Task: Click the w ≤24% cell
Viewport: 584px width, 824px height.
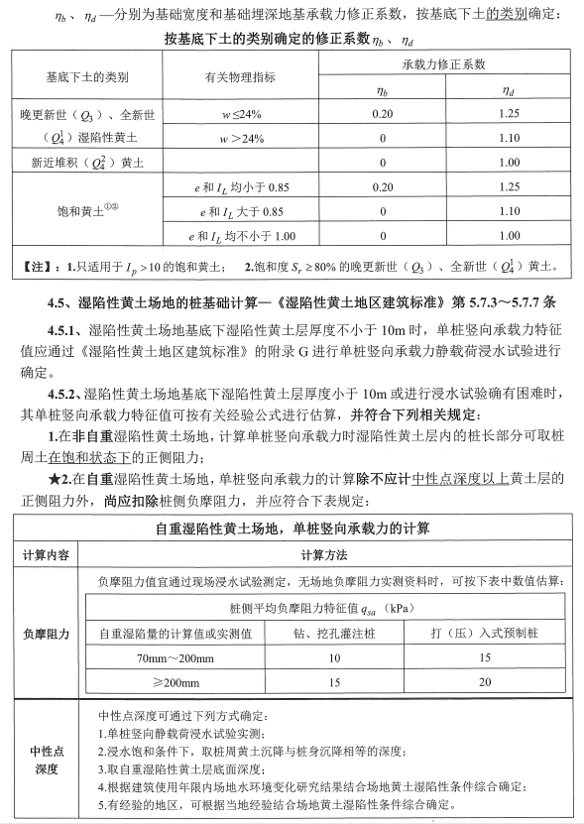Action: (241, 114)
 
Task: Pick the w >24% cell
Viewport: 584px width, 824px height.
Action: (241, 138)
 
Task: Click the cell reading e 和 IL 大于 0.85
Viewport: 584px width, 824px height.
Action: (241, 211)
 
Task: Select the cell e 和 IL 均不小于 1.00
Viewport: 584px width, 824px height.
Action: (241, 235)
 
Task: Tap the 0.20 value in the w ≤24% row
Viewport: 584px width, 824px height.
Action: (383, 114)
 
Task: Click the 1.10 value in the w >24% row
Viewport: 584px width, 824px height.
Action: (510, 138)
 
